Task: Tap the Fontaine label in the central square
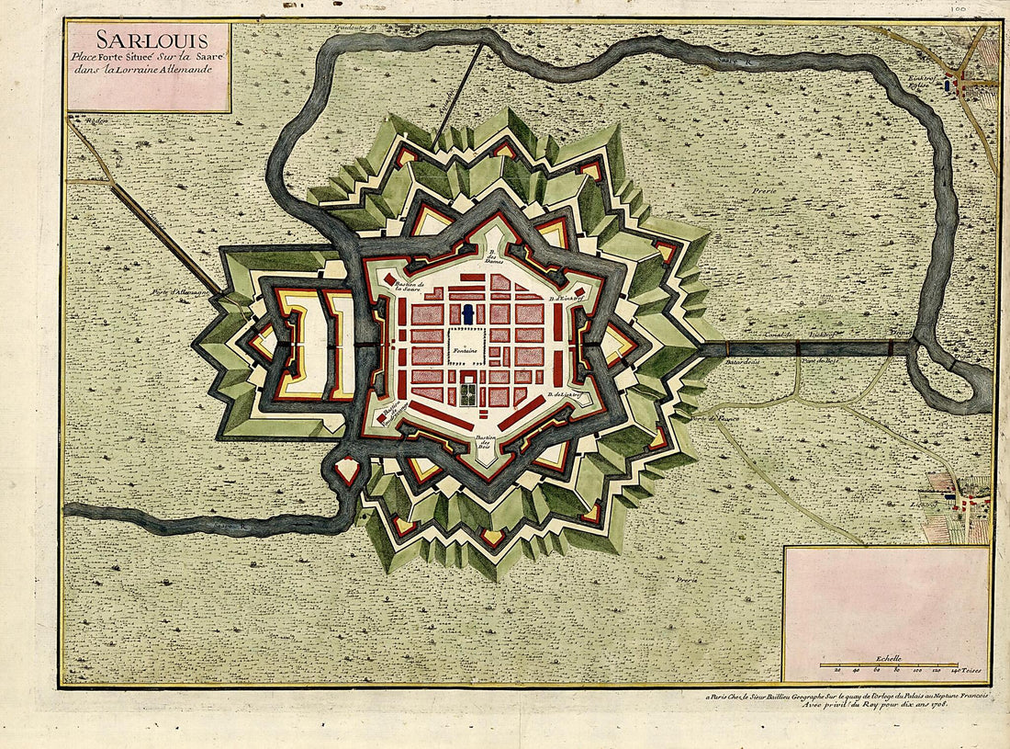(x=467, y=350)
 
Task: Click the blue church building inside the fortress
(x=468, y=314)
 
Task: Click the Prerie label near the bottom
(x=684, y=581)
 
